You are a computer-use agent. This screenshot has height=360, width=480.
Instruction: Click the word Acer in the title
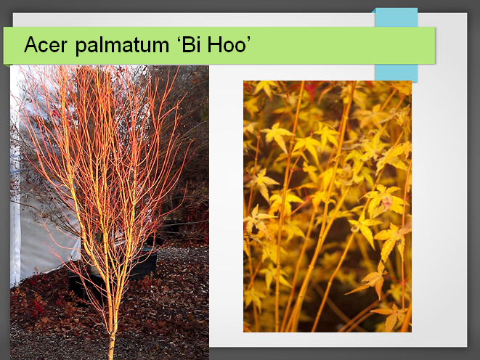[x=45, y=45]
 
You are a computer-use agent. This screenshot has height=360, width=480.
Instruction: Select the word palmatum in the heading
[x=122, y=46]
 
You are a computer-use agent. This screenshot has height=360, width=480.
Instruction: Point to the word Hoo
[x=227, y=45]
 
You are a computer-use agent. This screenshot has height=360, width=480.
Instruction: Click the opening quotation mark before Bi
[x=178, y=39]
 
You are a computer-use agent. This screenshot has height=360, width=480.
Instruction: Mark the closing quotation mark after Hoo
[x=248, y=39]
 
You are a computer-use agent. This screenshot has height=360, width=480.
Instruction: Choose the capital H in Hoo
[x=214, y=45]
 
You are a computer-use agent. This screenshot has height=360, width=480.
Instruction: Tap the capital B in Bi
[x=188, y=45]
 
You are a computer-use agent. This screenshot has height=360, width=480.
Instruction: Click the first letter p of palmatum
[x=81, y=48]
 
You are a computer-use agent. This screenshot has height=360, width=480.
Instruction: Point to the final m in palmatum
[x=160, y=46]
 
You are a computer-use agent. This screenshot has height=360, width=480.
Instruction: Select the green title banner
[x=219, y=45]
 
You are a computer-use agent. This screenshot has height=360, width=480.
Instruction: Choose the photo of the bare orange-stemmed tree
[x=110, y=212]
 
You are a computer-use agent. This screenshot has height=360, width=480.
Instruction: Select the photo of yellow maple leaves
[x=328, y=206]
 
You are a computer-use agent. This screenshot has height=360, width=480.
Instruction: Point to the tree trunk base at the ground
[x=111, y=352]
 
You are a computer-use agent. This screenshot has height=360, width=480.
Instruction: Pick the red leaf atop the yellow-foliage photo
[x=310, y=89]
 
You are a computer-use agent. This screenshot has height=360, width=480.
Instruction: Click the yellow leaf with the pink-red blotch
[x=385, y=200]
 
